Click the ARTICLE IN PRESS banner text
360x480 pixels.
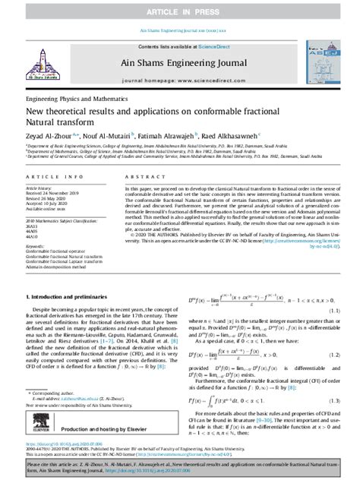click(179, 8)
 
